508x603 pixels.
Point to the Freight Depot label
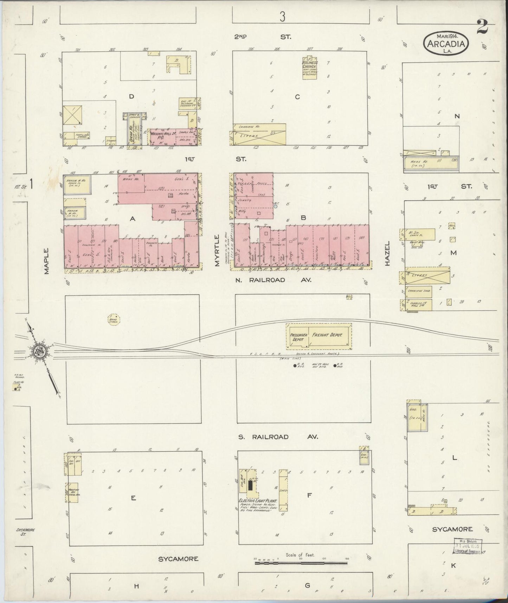[x=327, y=335]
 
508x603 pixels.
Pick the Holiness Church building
[x=310, y=67]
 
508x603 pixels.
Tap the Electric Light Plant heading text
[x=257, y=501]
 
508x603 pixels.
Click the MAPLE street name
[x=47, y=261]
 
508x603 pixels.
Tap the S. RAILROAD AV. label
[x=278, y=437]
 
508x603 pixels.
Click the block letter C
[x=297, y=97]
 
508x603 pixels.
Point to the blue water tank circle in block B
[x=276, y=207]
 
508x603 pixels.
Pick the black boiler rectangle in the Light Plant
[x=250, y=485]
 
